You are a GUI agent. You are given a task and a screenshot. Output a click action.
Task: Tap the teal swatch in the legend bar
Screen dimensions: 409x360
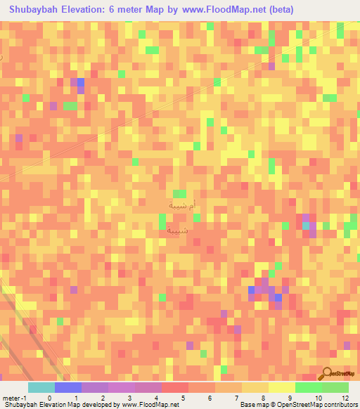[x=41, y=387]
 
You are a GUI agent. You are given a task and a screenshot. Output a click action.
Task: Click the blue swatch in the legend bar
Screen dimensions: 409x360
[x=68, y=387]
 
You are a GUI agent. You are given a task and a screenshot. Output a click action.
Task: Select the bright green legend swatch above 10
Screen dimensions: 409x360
[x=308, y=387]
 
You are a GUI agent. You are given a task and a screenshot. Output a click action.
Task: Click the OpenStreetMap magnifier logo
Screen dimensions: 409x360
[x=328, y=373]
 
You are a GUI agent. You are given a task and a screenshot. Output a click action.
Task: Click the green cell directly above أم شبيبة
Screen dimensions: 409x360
[x=180, y=193]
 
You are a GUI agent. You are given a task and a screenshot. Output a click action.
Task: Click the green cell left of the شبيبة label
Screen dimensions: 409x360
[x=162, y=223]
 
